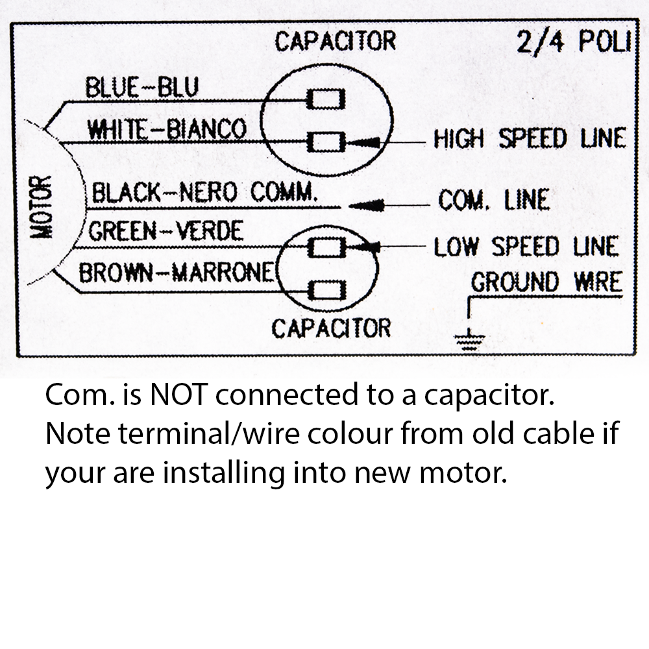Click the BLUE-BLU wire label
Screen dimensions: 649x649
pos(142,88)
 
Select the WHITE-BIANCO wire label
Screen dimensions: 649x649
pos(167,129)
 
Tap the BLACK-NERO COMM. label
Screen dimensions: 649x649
pos(205,193)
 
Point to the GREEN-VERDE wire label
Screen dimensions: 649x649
pos(166,231)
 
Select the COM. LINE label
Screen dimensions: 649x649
pos(494,199)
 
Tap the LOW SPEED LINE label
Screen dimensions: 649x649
pos(526,247)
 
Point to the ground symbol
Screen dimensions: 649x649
pos(469,338)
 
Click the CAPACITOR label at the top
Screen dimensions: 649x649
pos(335,41)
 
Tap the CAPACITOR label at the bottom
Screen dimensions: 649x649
pos(331,328)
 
